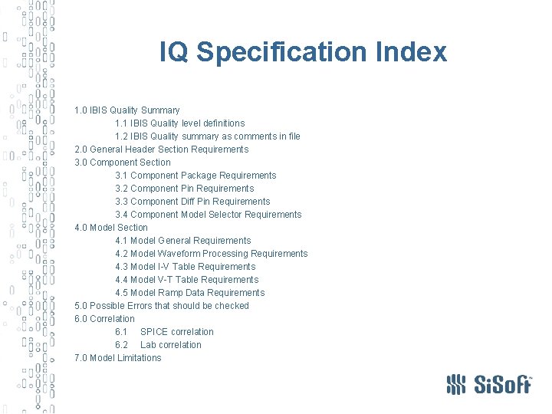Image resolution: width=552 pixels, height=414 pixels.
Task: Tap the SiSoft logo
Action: pyautogui.click(x=488, y=383)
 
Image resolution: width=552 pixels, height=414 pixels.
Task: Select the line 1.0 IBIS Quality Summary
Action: pyautogui.click(x=127, y=110)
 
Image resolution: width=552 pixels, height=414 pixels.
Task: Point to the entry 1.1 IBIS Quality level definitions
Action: pyautogui.click(x=180, y=123)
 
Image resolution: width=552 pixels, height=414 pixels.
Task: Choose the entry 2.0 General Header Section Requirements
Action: pyautogui.click(x=161, y=149)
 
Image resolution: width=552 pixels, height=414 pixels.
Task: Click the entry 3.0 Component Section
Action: pyautogui.click(x=123, y=163)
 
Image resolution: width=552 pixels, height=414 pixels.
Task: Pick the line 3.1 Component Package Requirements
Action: pyautogui.click(x=195, y=176)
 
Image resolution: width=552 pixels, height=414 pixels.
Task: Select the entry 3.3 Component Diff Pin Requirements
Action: pyautogui.click(x=192, y=202)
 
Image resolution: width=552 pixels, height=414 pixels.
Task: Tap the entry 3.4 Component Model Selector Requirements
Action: pyautogui.click(x=209, y=215)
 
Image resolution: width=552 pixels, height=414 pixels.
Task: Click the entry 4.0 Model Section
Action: pyautogui.click(x=111, y=228)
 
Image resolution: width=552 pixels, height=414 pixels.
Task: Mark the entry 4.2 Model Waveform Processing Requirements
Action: pyautogui.click(x=212, y=254)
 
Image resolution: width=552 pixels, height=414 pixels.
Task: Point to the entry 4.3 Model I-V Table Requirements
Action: pyautogui.click(x=186, y=267)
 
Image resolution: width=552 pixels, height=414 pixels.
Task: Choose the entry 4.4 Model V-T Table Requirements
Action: pyautogui.click(x=187, y=280)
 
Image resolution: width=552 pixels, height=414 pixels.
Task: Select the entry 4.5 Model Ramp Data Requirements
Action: pyautogui.click(x=190, y=293)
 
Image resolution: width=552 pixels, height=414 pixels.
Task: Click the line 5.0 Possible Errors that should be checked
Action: pyautogui.click(x=162, y=306)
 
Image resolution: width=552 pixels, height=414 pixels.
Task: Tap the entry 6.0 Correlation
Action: pyautogui.click(x=104, y=319)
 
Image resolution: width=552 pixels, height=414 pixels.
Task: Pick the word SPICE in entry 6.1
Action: pyautogui.click(x=154, y=332)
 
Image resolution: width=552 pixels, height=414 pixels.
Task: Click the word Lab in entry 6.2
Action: pyautogui.click(x=148, y=345)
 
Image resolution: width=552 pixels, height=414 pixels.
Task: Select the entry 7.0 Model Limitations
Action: pyautogui.click(x=118, y=358)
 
